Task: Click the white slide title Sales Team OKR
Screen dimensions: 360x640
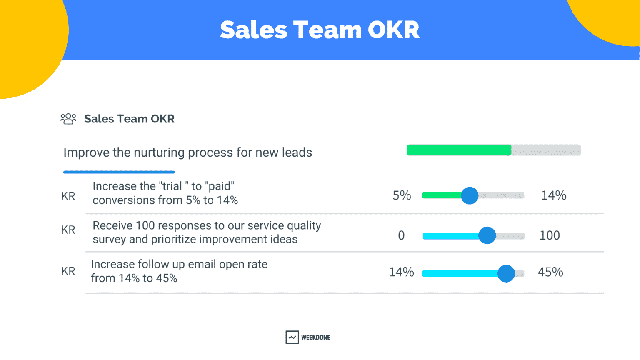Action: point(320,30)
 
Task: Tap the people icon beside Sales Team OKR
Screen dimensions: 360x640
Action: point(68,119)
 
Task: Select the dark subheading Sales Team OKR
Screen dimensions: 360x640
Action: point(129,119)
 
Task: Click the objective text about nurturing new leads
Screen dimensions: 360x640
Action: point(187,152)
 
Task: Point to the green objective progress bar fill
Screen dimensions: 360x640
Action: point(459,150)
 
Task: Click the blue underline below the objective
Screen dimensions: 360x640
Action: point(119,172)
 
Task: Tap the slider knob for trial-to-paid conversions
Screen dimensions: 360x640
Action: point(470,195)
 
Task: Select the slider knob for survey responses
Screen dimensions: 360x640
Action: point(487,235)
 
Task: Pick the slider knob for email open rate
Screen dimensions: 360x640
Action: point(506,274)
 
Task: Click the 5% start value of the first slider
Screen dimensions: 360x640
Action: point(402,195)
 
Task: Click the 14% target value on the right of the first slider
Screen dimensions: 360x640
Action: point(553,195)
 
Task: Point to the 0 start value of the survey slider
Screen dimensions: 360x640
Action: point(401,235)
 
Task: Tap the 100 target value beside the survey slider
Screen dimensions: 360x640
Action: point(550,235)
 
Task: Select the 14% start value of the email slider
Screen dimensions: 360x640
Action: point(401,272)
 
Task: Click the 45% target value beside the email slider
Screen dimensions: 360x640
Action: point(550,272)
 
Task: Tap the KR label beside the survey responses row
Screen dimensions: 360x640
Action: point(68,230)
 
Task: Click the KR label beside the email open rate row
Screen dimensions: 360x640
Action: point(68,271)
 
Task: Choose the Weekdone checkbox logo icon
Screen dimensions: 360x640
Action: point(292,337)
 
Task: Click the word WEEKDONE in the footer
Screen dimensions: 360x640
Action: point(315,337)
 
